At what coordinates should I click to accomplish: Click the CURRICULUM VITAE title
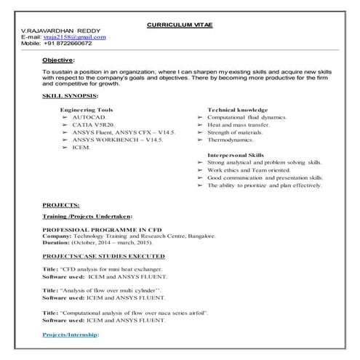[180, 24]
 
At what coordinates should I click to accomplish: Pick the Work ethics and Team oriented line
[248, 170]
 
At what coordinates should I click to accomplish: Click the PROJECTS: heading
[61, 206]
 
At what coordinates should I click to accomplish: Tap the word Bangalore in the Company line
[196, 237]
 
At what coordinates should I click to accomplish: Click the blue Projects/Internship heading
[70, 335]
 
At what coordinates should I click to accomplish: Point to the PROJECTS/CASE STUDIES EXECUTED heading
[103, 257]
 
